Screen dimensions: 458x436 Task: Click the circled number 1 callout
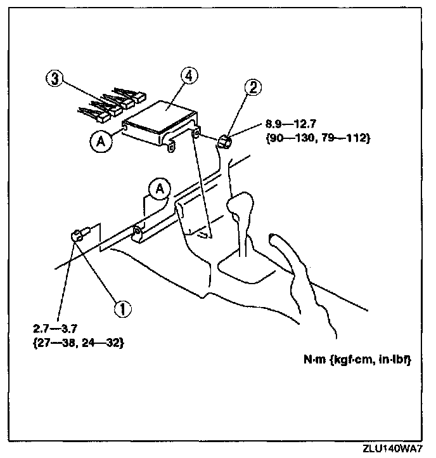[x=122, y=308]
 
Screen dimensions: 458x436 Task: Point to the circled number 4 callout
[x=188, y=75]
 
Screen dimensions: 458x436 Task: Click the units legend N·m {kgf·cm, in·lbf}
[x=356, y=362]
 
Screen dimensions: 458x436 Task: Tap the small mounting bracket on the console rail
[x=140, y=233]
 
